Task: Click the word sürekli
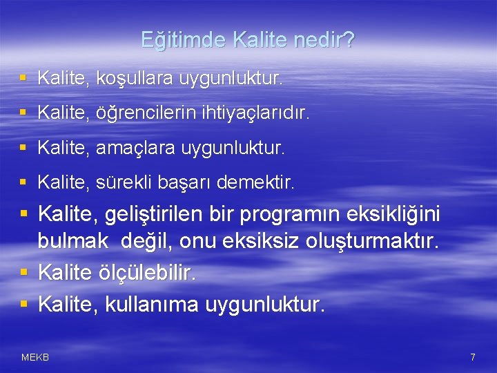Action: tap(128, 183)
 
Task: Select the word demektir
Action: tap(255, 183)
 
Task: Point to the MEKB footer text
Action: tap(35, 357)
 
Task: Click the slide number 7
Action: tap(472, 357)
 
